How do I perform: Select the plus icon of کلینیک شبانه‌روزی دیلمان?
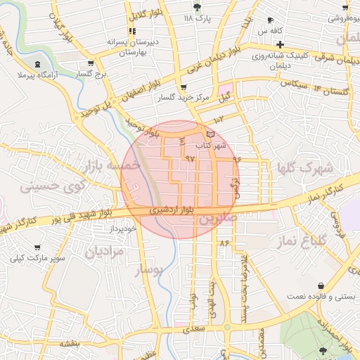click(x=280, y=44)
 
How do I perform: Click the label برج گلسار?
click(x=91, y=73)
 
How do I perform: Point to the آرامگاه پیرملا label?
click(x=36, y=73)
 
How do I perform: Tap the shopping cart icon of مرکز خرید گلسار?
click(x=184, y=87)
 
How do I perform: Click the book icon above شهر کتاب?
click(x=210, y=134)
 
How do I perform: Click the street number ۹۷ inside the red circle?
click(x=189, y=158)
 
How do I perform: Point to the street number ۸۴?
click(x=225, y=243)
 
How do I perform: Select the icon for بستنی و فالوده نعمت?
click(x=321, y=285)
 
